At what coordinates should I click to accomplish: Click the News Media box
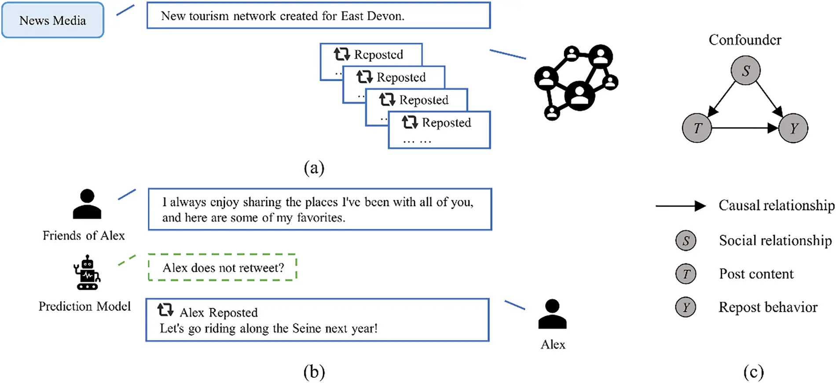(53, 20)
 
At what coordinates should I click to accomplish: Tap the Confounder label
(745, 40)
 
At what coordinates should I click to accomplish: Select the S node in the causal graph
(745, 70)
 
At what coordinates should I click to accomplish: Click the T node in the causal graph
(697, 128)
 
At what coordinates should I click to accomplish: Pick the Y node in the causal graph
(793, 128)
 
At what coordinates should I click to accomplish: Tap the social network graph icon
(576, 82)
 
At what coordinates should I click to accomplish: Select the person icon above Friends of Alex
(87, 204)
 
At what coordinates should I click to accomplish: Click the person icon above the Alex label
(552, 314)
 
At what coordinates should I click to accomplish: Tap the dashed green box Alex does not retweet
(223, 267)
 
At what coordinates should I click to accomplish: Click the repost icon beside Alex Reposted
(165, 310)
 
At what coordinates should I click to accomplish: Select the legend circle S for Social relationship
(686, 241)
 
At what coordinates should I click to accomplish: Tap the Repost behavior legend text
(768, 307)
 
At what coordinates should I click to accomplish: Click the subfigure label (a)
(314, 168)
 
